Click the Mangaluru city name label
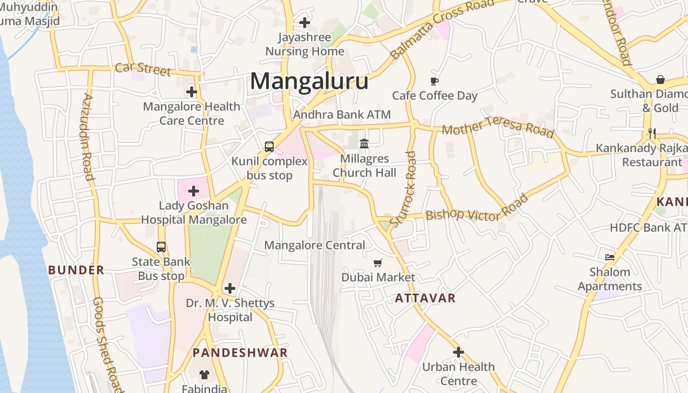309,82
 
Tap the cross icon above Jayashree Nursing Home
305,23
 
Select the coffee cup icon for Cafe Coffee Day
434,81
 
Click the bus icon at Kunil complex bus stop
269,146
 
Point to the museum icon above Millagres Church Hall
364,143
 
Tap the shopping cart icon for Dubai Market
378,263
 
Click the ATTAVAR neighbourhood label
425,298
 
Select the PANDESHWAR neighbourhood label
240,353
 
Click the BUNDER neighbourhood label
76,270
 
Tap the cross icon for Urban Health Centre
459,352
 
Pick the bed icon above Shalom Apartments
610,257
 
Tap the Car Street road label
143,69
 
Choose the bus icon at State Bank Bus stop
161,247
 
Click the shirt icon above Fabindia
204,375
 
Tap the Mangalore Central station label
315,245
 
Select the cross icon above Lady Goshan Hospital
194,191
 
